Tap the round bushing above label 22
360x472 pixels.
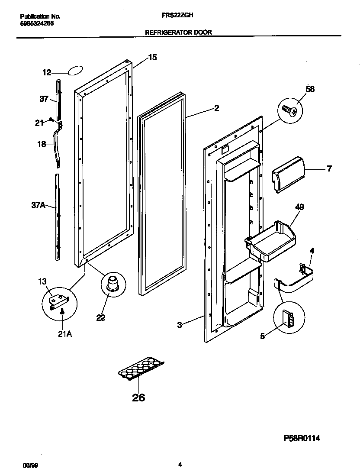click(112, 284)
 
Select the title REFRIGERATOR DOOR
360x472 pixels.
click(178, 32)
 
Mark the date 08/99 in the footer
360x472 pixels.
click(28, 465)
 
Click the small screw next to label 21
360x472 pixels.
click(51, 120)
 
